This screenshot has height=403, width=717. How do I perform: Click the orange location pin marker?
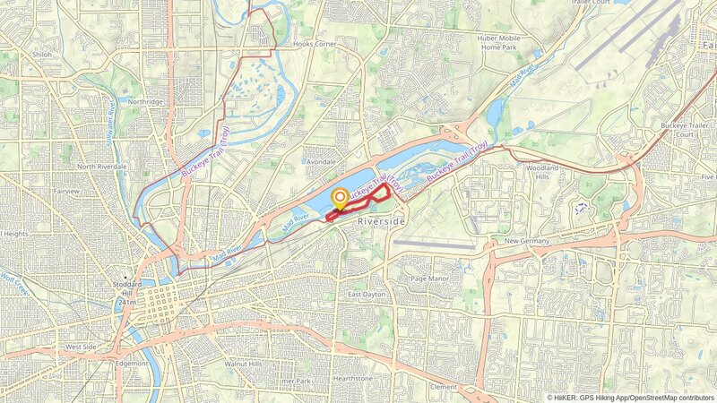341,199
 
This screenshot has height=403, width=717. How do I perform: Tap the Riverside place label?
382,220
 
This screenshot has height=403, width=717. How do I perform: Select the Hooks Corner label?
313,43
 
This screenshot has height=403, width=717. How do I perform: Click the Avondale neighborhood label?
320,162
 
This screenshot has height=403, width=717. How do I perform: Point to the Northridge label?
145,102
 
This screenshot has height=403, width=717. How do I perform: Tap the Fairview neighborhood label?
66,191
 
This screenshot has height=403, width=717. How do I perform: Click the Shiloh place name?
42,55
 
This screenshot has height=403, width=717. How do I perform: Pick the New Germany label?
526,241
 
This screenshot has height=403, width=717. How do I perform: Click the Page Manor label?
428,279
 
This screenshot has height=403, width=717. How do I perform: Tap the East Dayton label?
366,295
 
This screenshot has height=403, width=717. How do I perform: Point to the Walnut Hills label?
243,364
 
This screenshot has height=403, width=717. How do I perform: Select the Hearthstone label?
351,379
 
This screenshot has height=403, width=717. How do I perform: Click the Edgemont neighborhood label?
132,364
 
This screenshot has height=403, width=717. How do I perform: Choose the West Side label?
81,347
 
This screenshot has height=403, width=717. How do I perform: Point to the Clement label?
444,387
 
